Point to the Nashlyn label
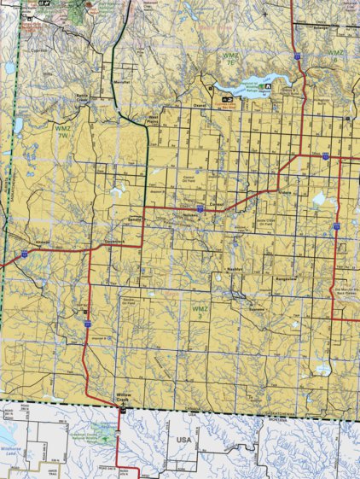point(235,270)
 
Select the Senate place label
point(134,219)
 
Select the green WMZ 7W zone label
point(61,134)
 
